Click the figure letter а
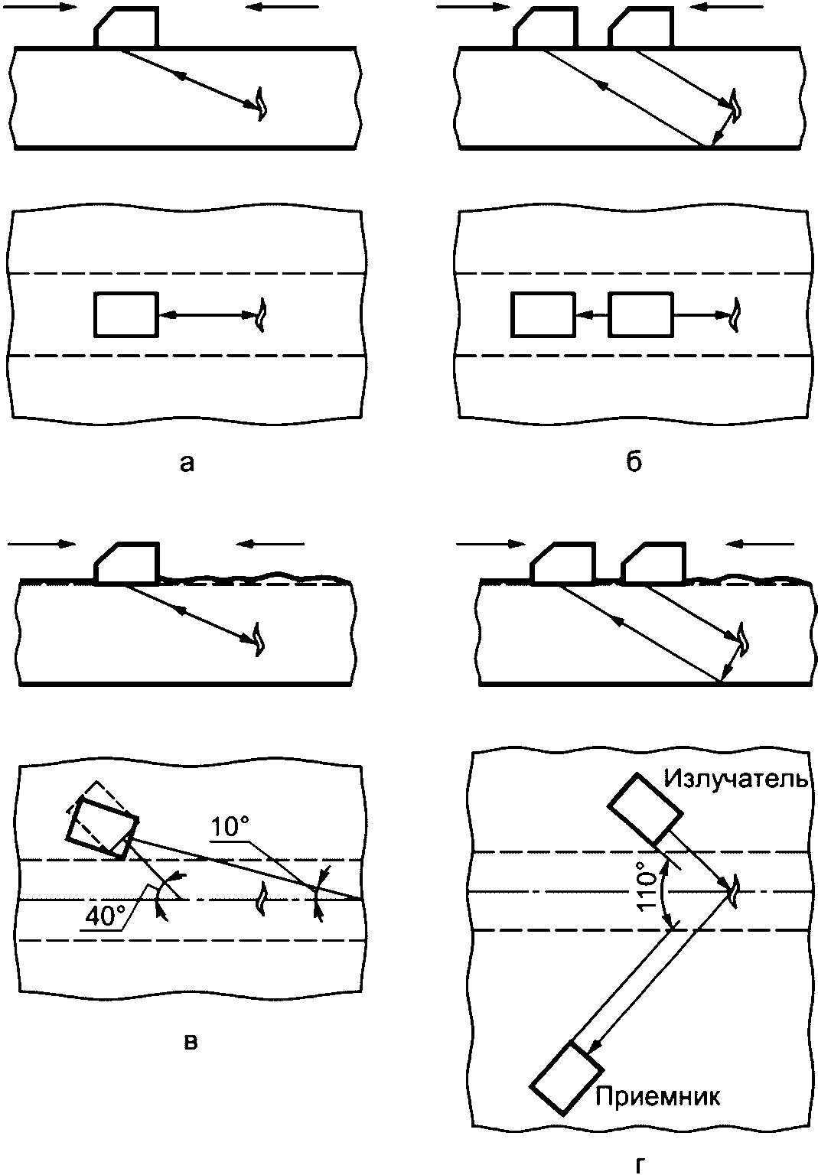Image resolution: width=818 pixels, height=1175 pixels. pos(187,463)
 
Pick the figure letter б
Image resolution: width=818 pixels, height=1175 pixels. pos(634,461)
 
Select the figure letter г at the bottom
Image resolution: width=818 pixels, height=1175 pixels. pos(638,1167)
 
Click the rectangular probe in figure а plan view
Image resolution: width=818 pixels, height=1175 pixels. pos(126,314)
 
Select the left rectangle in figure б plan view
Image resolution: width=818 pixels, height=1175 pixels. pos(543,314)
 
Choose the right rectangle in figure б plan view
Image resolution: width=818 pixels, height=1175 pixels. pos(640,314)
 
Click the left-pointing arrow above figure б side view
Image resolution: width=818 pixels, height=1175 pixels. pos(726,7)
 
